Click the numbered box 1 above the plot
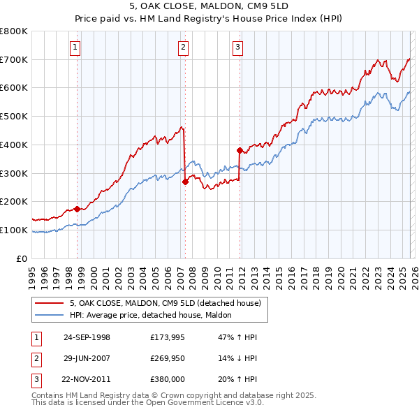pyautogui.click(x=74, y=47)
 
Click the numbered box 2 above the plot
pyautogui.click(x=183, y=47)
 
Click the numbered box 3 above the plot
pyautogui.click(x=237, y=47)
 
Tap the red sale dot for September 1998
pyautogui.click(x=77, y=208)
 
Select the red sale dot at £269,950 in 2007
pyautogui.click(x=185, y=182)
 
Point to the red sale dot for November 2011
pyautogui.click(x=240, y=150)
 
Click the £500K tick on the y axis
pyautogui.click(x=14, y=117)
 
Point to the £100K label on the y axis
pyautogui.click(x=14, y=230)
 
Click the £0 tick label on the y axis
pyautogui.click(x=22, y=258)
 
